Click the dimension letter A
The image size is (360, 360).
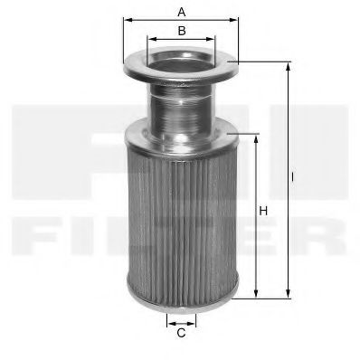(181, 12)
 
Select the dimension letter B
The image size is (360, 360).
(181, 32)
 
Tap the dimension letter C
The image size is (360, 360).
(181, 333)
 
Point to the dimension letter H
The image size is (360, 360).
(263, 212)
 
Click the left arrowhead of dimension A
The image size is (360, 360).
(126, 20)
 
